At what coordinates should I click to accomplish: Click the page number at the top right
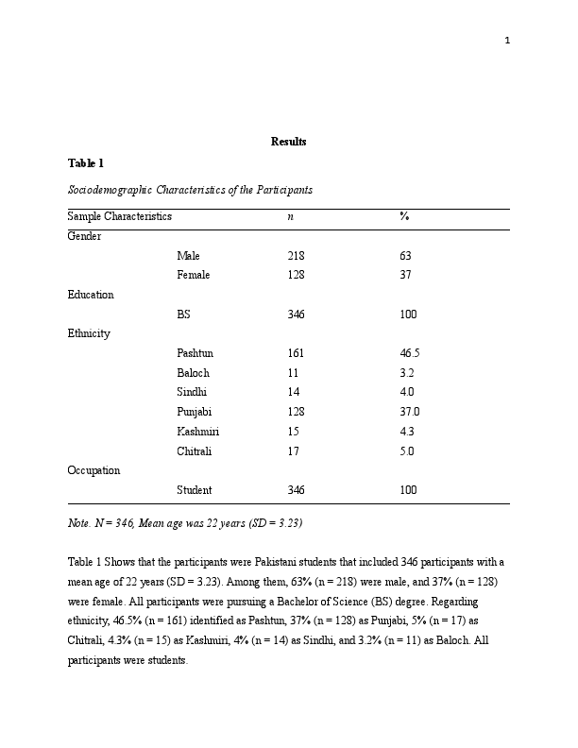pyautogui.click(x=507, y=40)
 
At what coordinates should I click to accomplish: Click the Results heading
pyautogui.click(x=288, y=142)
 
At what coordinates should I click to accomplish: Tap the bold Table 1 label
pyautogui.click(x=86, y=163)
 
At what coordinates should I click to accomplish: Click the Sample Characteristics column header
pyautogui.click(x=120, y=216)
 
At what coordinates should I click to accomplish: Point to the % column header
pyautogui.click(x=404, y=216)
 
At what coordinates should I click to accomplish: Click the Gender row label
pyautogui.click(x=84, y=236)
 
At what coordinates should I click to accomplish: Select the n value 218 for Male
pyautogui.click(x=296, y=256)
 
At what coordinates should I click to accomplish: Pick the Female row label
pyautogui.click(x=194, y=275)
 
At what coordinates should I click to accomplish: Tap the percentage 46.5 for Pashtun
pyautogui.click(x=410, y=353)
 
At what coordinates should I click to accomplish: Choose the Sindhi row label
pyautogui.click(x=192, y=392)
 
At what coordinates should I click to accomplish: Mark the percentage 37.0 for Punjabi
pyautogui.click(x=410, y=412)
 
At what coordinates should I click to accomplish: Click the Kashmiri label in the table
pyautogui.click(x=197, y=432)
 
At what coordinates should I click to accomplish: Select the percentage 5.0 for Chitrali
pyautogui.click(x=407, y=451)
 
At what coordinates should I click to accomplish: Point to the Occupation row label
pyautogui.click(x=93, y=470)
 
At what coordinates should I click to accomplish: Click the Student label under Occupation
pyautogui.click(x=195, y=490)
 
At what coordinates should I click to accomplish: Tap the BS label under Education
pyautogui.click(x=183, y=314)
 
